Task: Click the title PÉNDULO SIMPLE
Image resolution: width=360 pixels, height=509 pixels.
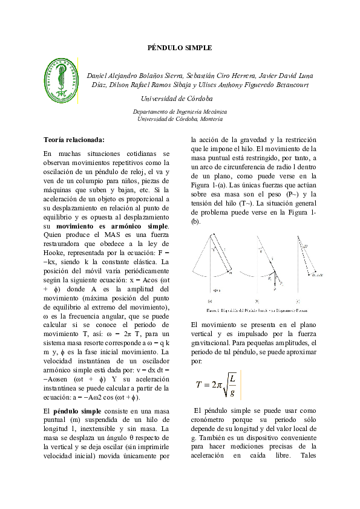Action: (x=180, y=47)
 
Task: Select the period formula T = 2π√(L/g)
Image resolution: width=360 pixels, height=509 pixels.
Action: (x=218, y=384)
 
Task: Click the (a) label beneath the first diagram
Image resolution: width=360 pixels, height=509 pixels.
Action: (x=209, y=300)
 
